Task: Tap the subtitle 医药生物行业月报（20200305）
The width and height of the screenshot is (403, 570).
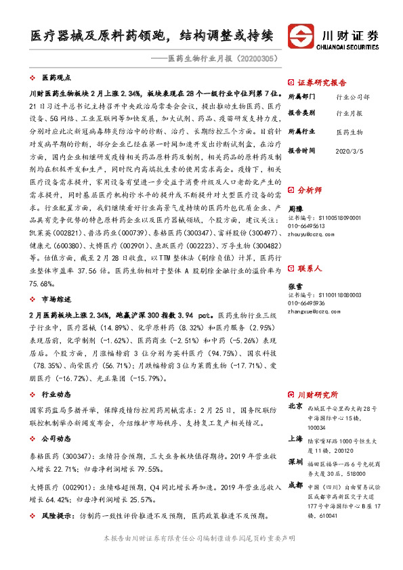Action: pos(223,59)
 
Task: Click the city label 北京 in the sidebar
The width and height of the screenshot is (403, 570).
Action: pos(295,407)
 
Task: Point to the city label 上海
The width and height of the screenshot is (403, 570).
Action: pos(295,439)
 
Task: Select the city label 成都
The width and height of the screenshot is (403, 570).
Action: pos(295,485)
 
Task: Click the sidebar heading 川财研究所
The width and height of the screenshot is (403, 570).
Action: pos(318,393)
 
